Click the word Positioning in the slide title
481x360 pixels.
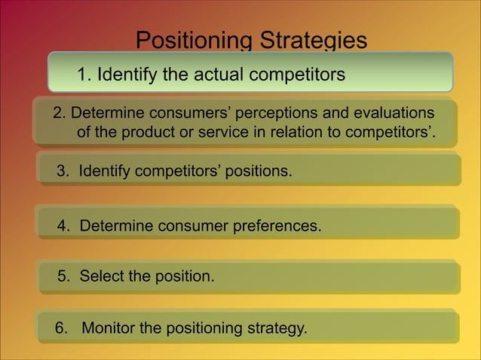point(194,40)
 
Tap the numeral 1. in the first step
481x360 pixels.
point(84,75)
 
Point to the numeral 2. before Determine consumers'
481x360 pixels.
point(60,114)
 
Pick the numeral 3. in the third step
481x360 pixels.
point(63,172)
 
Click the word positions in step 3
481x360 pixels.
point(258,172)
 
